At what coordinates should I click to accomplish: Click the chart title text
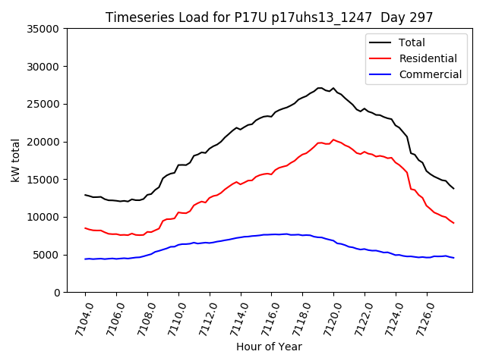(x=270, y=17)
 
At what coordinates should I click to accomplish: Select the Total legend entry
(x=412, y=42)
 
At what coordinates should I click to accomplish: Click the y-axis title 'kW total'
(x=16, y=161)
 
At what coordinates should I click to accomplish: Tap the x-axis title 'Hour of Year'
(x=269, y=347)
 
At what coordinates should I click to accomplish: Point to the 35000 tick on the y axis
(x=43, y=29)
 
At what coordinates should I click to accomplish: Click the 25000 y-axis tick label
(x=43, y=104)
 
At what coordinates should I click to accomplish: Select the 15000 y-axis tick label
(x=43, y=180)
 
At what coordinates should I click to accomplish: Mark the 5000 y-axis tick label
(x=46, y=255)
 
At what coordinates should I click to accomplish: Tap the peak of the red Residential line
(x=333, y=140)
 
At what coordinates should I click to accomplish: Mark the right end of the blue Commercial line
(x=453, y=258)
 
